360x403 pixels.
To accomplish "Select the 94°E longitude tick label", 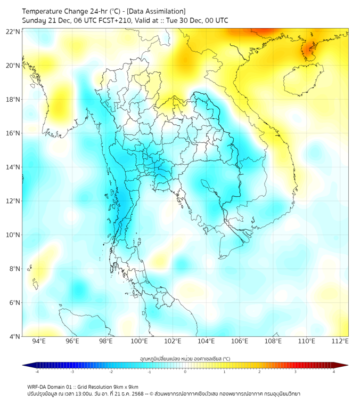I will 39,341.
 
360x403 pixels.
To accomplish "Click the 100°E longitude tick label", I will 139,341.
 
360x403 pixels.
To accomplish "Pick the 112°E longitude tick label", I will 340,341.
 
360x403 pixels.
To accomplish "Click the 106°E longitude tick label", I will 240,341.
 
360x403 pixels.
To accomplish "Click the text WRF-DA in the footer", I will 37,386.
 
